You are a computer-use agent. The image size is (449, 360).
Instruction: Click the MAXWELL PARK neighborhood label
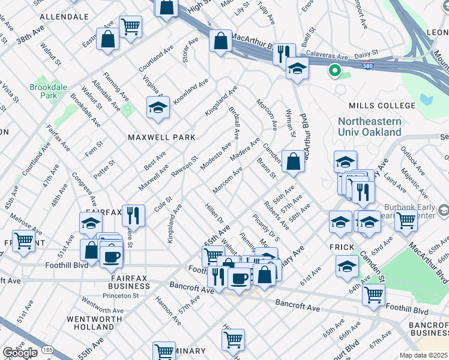coord(161,137)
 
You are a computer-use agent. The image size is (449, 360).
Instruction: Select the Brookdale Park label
coord(44,91)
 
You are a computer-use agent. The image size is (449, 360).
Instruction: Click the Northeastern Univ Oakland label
coord(370,127)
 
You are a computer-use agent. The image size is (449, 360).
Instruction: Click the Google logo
coord(20,353)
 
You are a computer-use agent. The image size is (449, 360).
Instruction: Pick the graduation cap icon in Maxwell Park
coord(158,108)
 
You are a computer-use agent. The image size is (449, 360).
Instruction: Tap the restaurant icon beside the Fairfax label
coord(133,215)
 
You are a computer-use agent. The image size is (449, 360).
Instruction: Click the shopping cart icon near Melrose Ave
coord(23,241)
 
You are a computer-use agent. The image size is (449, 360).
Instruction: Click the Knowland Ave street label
coord(190,89)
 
